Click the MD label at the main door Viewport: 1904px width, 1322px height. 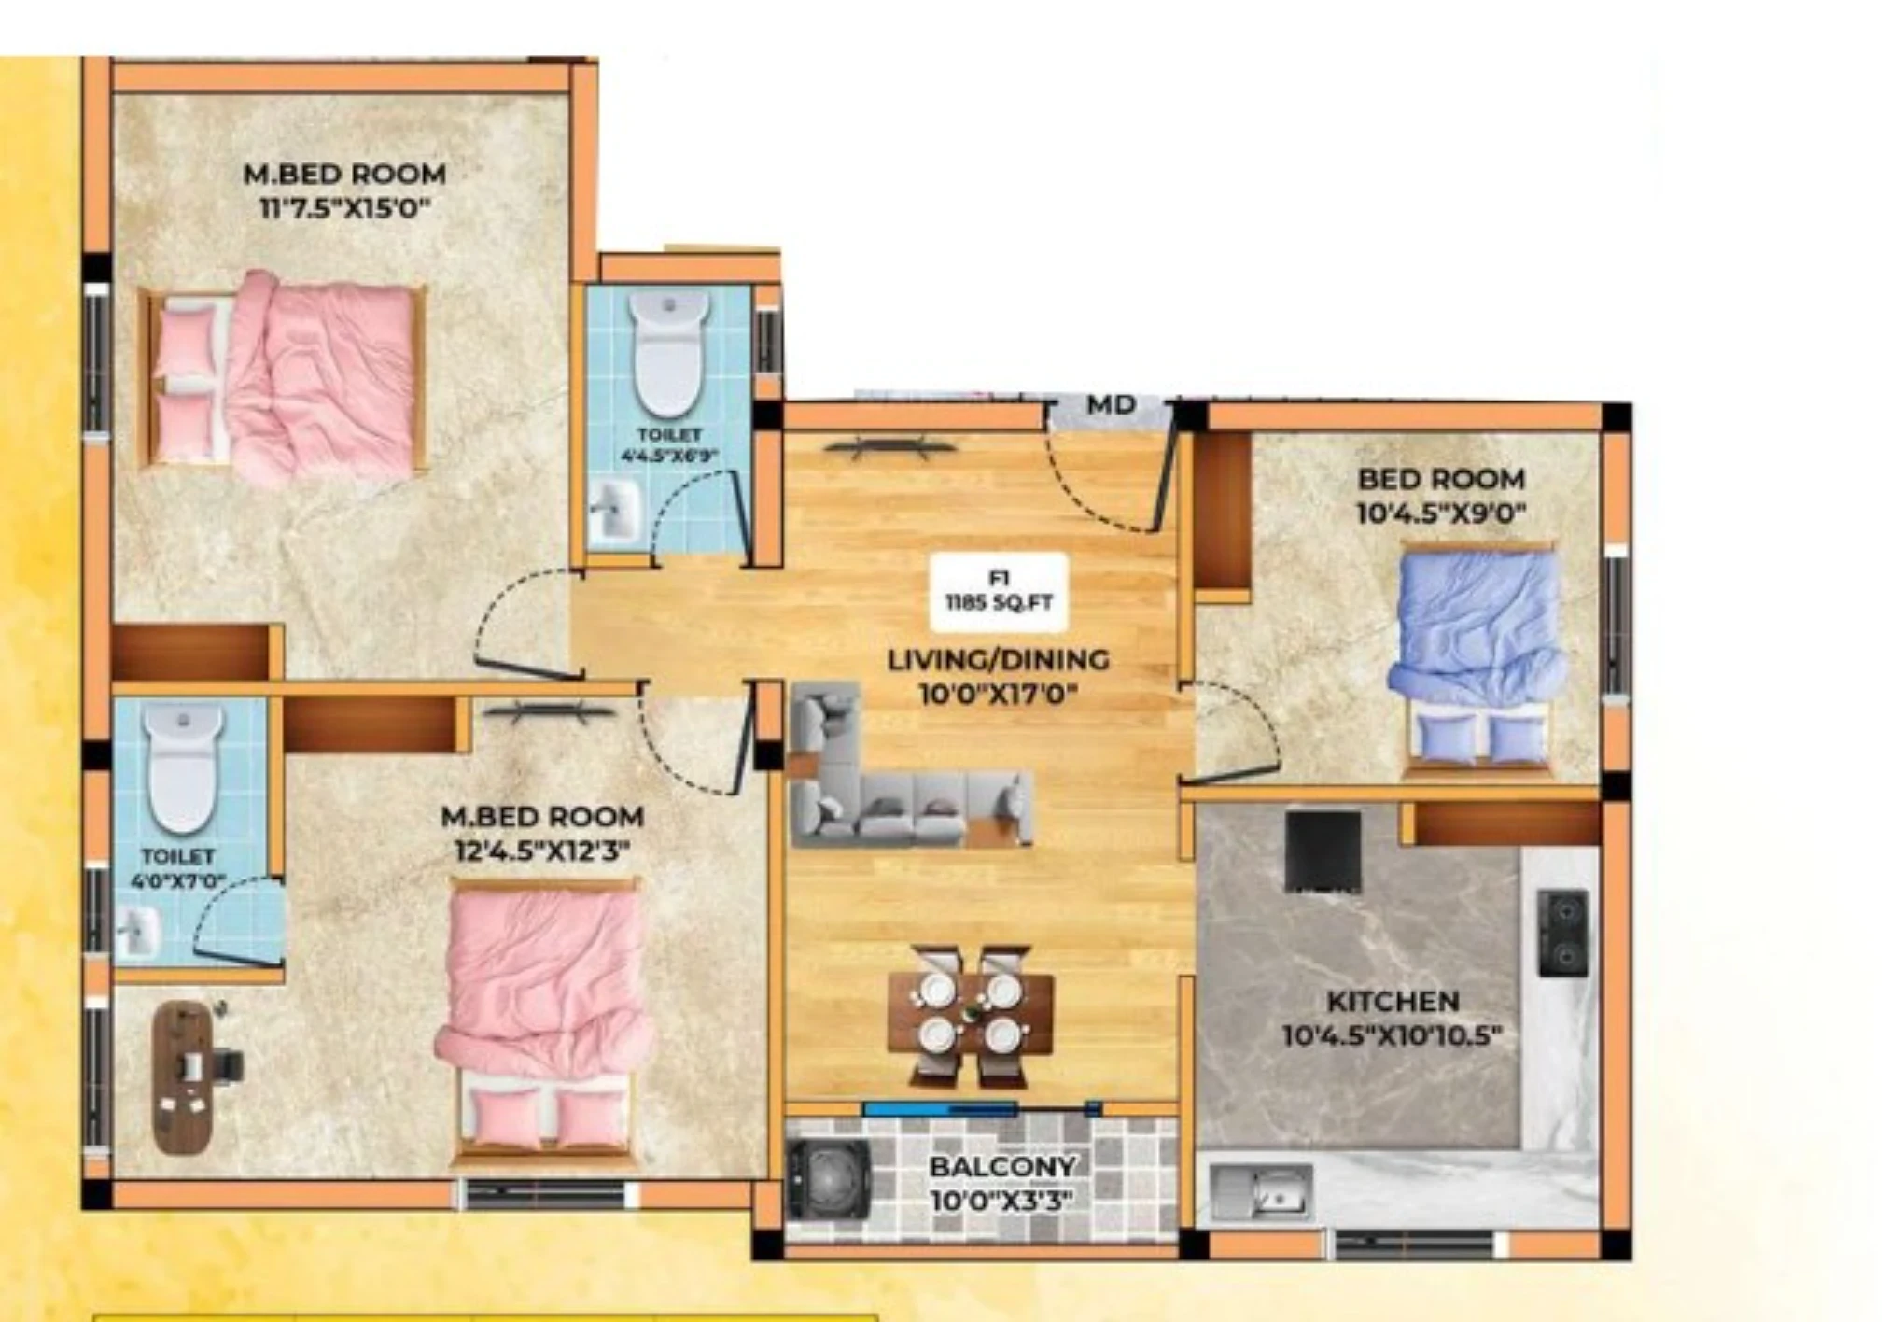pos(1112,405)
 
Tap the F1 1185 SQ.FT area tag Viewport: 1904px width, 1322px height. pos(999,591)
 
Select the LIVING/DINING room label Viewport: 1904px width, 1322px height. pos(998,660)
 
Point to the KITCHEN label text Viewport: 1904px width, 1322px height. pos(1393,1002)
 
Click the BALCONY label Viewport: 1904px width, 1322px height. pos(1001,1166)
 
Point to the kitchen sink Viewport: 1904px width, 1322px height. pos(1261,1191)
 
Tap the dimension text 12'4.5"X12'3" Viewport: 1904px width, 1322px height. pos(542,851)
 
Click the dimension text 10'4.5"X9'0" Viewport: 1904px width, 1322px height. pos(1441,513)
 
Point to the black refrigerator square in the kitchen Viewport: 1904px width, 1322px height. pos(1323,851)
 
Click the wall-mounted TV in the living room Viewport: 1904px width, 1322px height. pos(890,448)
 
